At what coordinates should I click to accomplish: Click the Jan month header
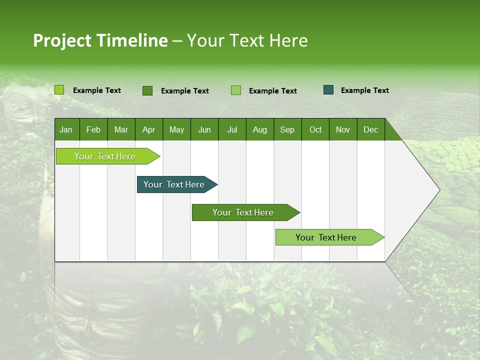pyautogui.click(x=66, y=129)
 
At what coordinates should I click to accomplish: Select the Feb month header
pyautogui.click(x=93, y=129)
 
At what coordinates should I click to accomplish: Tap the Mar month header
pyautogui.click(x=121, y=129)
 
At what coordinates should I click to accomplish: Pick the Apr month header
pyautogui.click(x=149, y=129)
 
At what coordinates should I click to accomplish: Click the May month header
pyautogui.click(x=176, y=129)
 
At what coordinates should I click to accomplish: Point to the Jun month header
pyautogui.click(x=204, y=129)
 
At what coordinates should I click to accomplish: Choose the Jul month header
pyautogui.click(x=232, y=129)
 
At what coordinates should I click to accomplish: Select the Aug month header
pyautogui.click(x=260, y=129)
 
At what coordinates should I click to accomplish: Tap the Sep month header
pyautogui.click(x=287, y=129)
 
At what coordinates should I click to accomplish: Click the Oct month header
pyautogui.click(x=315, y=129)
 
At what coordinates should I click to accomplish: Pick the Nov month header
pyautogui.click(x=343, y=129)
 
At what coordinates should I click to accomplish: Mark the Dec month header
pyautogui.click(x=371, y=129)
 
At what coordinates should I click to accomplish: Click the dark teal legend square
pyautogui.click(x=328, y=90)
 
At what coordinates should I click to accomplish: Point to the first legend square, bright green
pyautogui.click(x=59, y=90)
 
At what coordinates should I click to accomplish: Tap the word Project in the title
pyautogui.click(x=62, y=40)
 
